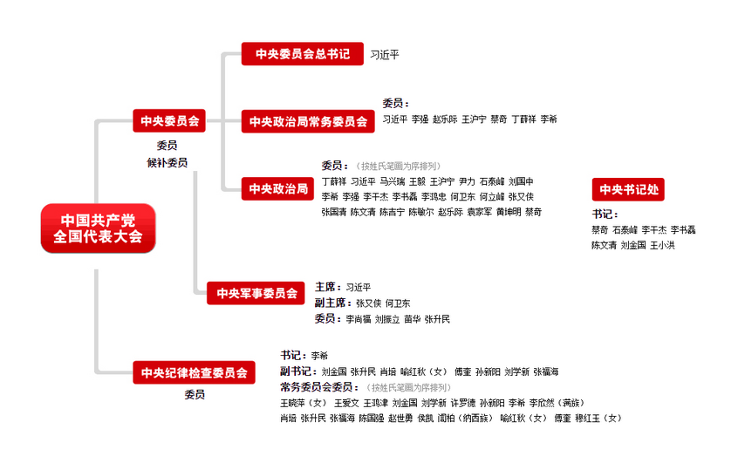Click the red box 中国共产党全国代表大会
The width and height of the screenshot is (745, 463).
pos(98,228)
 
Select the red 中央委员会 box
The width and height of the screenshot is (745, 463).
pos(169,120)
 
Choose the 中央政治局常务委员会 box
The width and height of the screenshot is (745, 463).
pos(308,120)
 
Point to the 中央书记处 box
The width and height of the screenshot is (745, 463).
pos(629,189)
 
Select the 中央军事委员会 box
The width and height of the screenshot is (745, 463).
pos(256,293)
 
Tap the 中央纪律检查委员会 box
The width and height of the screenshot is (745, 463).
pos(194,372)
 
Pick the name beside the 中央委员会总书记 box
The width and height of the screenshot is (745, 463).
pos(384,55)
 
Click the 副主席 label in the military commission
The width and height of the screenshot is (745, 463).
pos(331,303)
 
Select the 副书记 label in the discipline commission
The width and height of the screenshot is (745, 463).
pos(297,371)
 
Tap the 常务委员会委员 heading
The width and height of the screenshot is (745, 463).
pos(320,387)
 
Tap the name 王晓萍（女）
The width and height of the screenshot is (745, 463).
pos(303,403)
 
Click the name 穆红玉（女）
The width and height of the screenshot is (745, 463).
pos(598,419)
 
